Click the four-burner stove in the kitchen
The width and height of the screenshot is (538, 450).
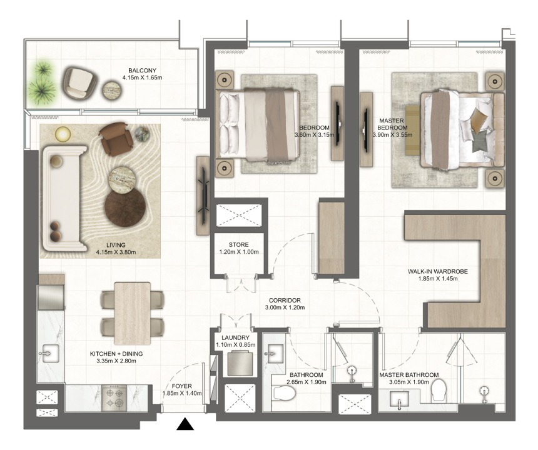(x=114, y=397)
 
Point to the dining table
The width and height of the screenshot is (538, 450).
(x=133, y=313)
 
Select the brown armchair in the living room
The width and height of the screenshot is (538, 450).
(x=115, y=139)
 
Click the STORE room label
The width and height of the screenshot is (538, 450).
(x=239, y=245)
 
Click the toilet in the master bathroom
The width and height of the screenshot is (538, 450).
(x=439, y=391)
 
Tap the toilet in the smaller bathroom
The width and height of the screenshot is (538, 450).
(x=285, y=392)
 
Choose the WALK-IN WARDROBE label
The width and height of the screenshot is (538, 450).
(x=437, y=271)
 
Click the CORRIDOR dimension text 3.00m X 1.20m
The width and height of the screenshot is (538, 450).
(x=285, y=307)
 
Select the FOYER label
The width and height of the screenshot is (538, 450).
(x=182, y=386)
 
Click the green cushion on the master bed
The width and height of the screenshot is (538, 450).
(x=479, y=141)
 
